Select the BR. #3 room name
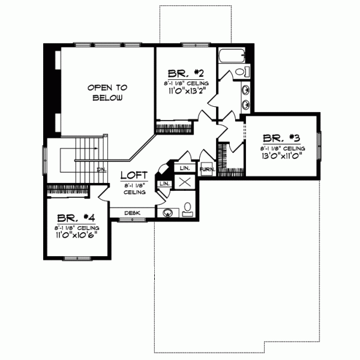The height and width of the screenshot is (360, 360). [x=281, y=137]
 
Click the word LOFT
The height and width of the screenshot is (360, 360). [x=133, y=176]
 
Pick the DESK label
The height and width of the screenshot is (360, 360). [x=132, y=213]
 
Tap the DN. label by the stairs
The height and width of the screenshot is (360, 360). [x=101, y=169]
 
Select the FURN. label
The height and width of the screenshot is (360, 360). [x=207, y=170]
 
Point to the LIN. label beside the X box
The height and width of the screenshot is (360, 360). [x=164, y=183]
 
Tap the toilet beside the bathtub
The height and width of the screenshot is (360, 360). [x=241, y=72]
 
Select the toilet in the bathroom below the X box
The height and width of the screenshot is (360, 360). [x=187, y=209]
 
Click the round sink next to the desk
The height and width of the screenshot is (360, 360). [x=166, y=212]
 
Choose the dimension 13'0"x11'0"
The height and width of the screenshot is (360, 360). [x=281, y=155]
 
